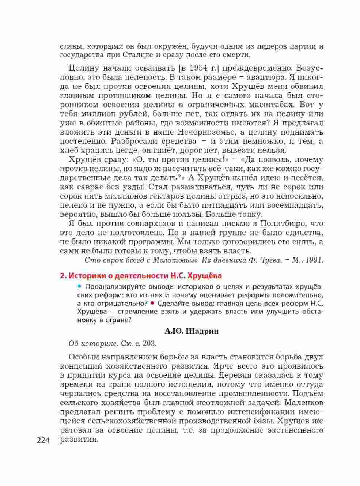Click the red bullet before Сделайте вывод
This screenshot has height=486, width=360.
151,303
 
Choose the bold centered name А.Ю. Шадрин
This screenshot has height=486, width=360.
192,331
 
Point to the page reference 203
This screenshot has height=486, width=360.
150,344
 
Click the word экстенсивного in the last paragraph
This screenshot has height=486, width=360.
295,430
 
